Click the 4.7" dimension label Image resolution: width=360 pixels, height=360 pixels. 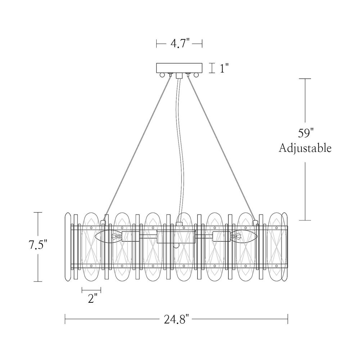(180, 43)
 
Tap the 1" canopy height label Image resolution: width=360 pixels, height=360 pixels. (224, 68)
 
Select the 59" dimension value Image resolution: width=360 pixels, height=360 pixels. (306, 133)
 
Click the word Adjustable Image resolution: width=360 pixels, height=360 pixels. (305, 148)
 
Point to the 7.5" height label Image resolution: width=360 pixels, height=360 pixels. (38, 245)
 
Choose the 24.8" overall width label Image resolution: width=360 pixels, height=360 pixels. (176, 319)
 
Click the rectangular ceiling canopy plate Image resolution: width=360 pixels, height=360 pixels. (179, 68)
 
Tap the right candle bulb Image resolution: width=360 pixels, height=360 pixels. (244, 236)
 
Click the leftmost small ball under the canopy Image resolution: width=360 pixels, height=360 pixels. (162, 75)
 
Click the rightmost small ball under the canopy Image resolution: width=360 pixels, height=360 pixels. (196, 75)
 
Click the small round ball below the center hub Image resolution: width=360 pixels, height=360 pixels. (176, 246)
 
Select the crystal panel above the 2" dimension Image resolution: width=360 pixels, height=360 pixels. (91, 247)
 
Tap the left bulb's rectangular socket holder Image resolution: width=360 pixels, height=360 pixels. (130, 237)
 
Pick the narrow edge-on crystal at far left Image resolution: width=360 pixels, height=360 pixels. (68, 247)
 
